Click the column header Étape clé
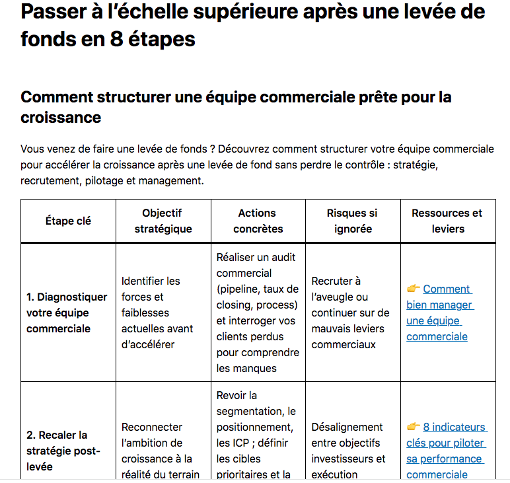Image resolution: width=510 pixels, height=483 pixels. (x=68, y=221)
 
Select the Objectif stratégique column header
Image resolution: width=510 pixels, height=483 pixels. (x=163, y=221)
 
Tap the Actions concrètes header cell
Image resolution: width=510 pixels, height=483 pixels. (x=257, y=221)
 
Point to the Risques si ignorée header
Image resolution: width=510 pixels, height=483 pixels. (x=352, y=221)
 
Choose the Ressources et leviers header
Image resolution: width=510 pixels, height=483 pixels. (x=447, y=221)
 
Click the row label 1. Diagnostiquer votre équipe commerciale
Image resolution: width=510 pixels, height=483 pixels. (x=66, y=313)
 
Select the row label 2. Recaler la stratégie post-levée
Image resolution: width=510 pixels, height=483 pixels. (x=63, y=451)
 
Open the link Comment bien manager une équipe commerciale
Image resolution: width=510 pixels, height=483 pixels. (x=439, y=313)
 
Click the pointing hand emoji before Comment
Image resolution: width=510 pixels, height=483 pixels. (x=414, y=289)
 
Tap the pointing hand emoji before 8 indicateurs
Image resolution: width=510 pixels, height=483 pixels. (x=414, y=427)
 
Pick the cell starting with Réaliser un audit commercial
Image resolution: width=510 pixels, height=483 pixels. (x=258, y=313)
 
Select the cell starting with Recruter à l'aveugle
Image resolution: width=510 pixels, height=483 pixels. (x=350, y=313)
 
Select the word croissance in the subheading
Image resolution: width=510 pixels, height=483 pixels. (x=61, y=118)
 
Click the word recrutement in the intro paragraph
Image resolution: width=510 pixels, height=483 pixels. (x=50, y=180)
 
